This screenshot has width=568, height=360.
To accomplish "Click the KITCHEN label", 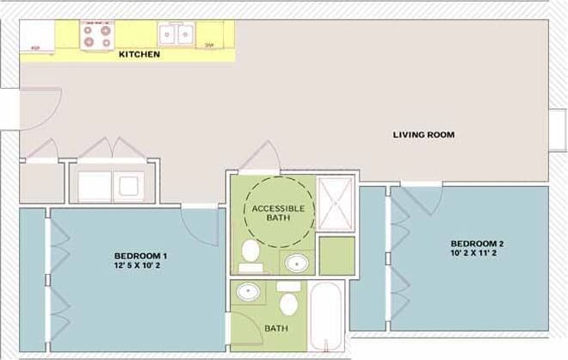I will coord(139,54).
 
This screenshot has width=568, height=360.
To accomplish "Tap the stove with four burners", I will coord(96,34).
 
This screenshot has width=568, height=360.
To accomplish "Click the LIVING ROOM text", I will coord(423,134).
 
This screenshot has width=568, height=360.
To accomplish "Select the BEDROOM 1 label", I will coord(140,256).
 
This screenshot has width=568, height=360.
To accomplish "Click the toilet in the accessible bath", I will coord(250,251).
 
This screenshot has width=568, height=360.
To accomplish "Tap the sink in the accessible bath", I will coord(297,263).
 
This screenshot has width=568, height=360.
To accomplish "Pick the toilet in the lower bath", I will coord(289,302).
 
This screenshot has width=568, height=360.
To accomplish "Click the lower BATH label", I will coord(276,328).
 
